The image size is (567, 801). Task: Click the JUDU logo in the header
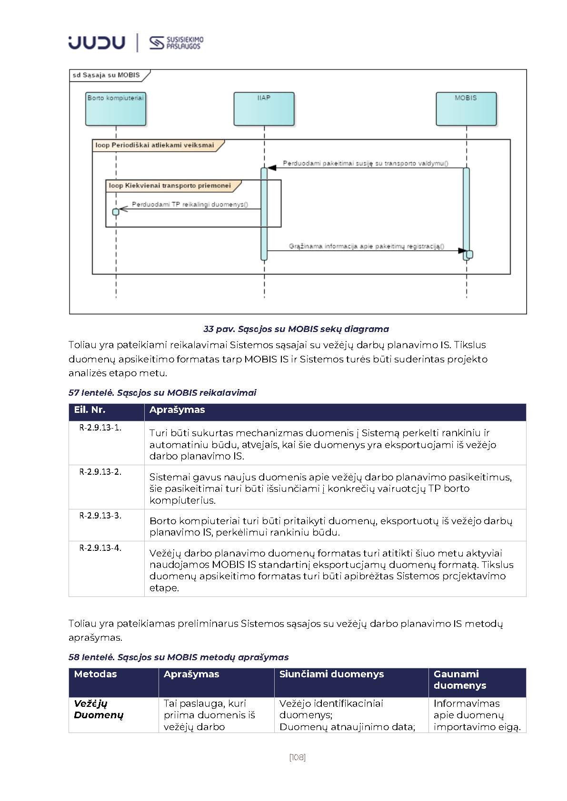(97, 42)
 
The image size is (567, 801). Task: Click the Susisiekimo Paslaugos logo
(176, 43)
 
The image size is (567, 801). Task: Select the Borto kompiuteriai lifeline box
(116, 109)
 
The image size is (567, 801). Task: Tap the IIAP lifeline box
(264, 109)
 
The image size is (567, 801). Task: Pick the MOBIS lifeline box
(466, 109)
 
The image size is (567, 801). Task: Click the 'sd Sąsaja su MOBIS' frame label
(107, 75)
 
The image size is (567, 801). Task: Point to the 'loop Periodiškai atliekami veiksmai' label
(155, 146)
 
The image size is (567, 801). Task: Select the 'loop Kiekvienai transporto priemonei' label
(170, 186)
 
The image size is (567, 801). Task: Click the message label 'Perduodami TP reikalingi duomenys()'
(190, 205)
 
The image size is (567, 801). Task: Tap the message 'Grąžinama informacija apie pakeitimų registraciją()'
(367, 246)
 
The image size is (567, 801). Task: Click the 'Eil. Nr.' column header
(90, 410)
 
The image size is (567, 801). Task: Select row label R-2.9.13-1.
(100, 428)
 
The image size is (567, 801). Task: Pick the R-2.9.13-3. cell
(100, 516)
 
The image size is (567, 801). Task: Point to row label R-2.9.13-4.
(100, 548)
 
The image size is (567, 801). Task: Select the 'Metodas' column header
(95, 674)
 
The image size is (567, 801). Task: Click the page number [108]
(298, 757)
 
